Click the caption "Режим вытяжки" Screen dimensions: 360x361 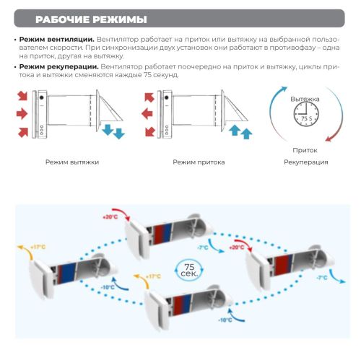71,162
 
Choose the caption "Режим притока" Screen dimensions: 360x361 199,162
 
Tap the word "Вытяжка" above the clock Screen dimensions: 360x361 305,98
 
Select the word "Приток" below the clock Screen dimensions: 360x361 305,151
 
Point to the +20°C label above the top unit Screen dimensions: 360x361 109,216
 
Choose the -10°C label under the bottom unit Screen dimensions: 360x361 225,320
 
